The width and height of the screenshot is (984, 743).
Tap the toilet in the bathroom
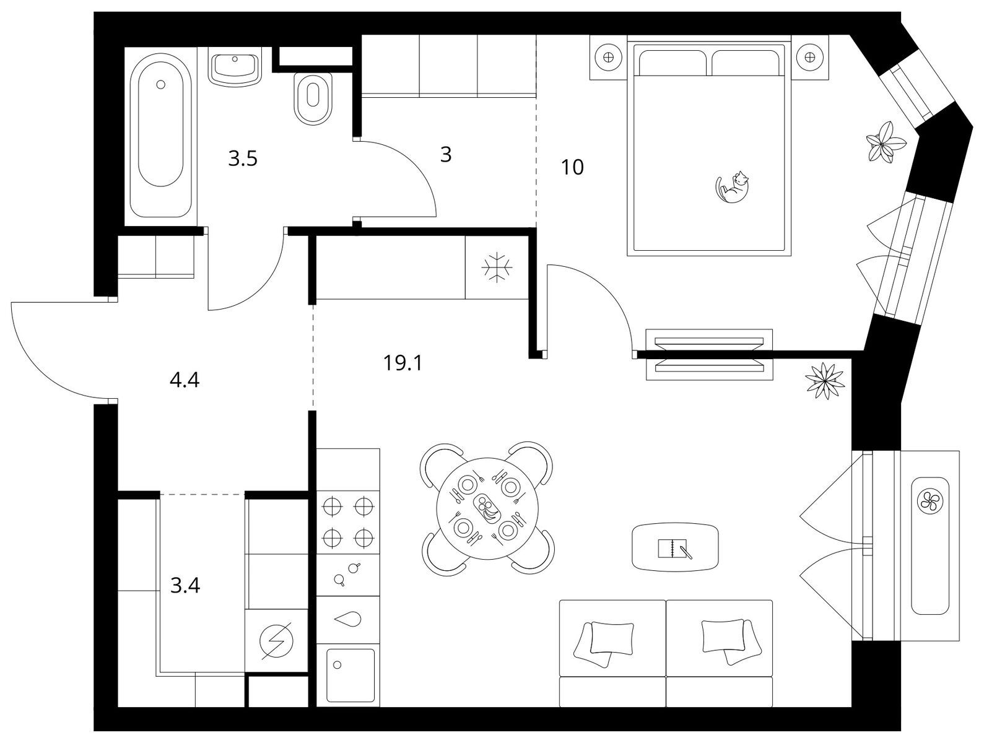[313, 98]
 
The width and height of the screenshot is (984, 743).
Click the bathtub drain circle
[161, 84]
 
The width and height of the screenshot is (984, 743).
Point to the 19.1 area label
[403, 363]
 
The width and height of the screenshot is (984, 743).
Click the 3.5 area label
[243, 159]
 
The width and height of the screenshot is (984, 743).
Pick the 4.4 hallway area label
[185, 380]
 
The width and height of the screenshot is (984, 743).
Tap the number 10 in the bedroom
[572, 168]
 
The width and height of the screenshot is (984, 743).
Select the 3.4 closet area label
[185, 585]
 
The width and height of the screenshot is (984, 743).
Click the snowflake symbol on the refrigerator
[497, 267]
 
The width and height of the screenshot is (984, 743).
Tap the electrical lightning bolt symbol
[276, 641]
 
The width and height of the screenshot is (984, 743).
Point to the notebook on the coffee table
[674, 548]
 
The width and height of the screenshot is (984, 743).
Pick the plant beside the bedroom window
[886, 141]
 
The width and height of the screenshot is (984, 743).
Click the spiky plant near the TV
[825, 380]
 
